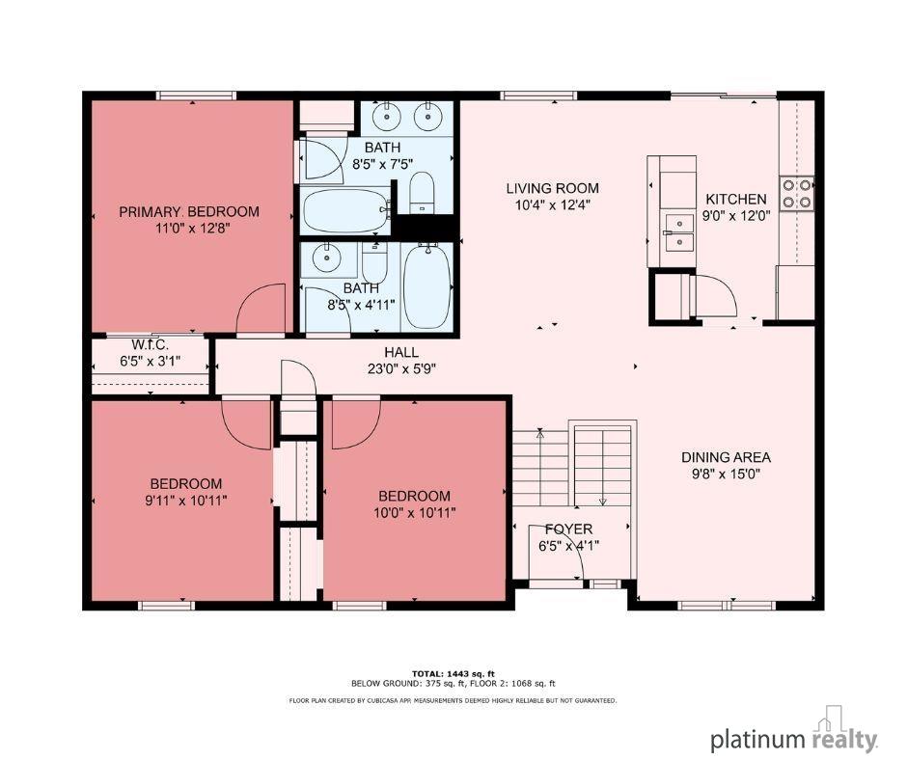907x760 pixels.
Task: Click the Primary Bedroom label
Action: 189,211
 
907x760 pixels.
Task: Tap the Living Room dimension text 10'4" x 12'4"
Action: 553,204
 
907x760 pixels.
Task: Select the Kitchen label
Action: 736,199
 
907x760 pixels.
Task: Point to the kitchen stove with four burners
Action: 796,193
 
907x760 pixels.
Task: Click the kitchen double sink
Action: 679,231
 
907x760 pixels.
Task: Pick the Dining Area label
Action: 726,457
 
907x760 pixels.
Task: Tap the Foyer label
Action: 568,529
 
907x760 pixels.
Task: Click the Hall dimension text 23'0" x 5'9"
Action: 401,369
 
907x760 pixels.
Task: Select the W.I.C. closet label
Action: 150,344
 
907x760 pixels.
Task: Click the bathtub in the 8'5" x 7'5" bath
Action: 345,210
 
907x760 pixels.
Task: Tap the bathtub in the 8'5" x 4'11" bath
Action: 426,285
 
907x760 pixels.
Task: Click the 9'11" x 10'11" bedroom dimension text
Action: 185,501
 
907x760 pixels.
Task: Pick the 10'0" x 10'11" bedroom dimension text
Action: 414,512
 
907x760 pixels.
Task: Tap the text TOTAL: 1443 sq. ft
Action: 453,673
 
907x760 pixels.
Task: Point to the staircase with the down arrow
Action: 602,466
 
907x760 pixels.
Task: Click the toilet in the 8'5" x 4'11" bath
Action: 374,262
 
